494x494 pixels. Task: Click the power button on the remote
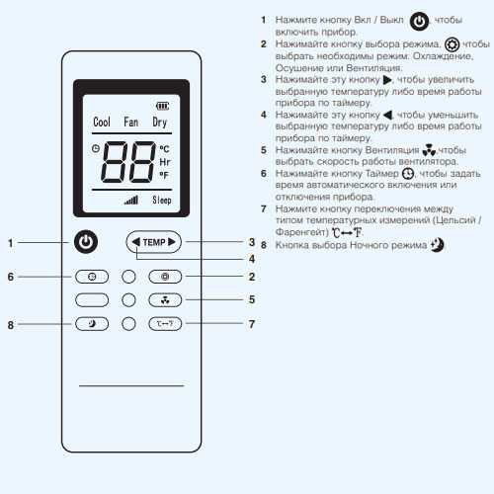(x=86, y=242)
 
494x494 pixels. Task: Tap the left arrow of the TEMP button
(x=135, y=242)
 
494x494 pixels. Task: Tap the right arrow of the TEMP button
(x=172, y=242)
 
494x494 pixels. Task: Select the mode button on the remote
(x=165, y=277)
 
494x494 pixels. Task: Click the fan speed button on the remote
(x=165, y=300)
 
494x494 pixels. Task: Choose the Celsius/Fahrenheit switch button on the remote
(x=165, y=324)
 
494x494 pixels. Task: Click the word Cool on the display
(x=102, y=122)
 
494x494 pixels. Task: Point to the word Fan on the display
(x=130, y=122)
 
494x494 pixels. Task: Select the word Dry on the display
(x=160, y=123)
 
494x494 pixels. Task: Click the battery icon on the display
(x=162, y=106)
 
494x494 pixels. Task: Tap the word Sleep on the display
(x=162, y=200)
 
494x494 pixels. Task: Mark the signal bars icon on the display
(x=131, y=200)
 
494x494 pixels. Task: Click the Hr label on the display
(x=164, y=162)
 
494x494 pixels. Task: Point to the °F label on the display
(x=164, y=175)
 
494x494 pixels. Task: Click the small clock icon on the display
(x=96, y=148)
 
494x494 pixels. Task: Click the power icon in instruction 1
(x=419, y=22)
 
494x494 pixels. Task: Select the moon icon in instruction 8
(x=438, y=245)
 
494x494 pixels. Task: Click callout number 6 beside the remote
(x=11, y=277)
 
